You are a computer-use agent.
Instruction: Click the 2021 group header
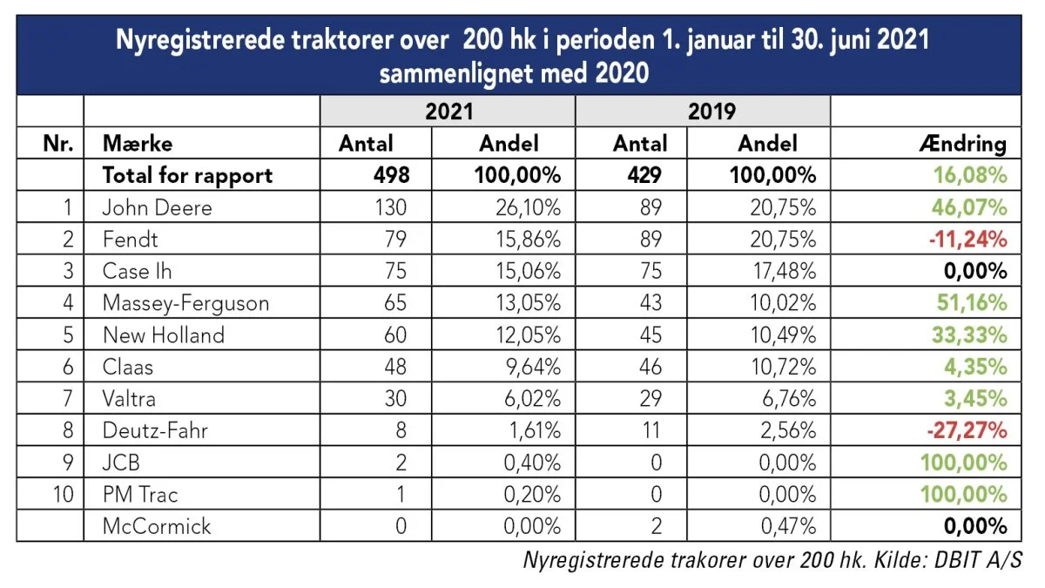[448, 112]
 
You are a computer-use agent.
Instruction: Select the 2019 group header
[711, 112]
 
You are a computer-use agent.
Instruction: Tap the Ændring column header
[963, 143]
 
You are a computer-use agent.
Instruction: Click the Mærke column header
[138, 143]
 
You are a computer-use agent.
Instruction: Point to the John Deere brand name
[158, 207]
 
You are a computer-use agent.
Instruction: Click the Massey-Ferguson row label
[185, 303]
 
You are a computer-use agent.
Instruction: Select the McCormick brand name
[156, 526]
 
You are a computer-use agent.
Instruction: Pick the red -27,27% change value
[967, 430]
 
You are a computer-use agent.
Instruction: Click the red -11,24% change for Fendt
[967, 240]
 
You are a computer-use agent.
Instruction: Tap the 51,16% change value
[972, 303]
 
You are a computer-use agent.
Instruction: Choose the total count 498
[391, 175]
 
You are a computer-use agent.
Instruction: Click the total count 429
[644, 175]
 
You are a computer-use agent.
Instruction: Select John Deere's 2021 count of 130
[391, 207]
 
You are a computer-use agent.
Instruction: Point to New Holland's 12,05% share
[528, 335]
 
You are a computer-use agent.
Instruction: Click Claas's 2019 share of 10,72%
[783, 367]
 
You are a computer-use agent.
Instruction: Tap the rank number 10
[63, 494]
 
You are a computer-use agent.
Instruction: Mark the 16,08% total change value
[970, 175]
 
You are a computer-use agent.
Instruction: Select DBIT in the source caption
[956, 560]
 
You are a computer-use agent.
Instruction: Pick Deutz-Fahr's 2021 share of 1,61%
[535, 430]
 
